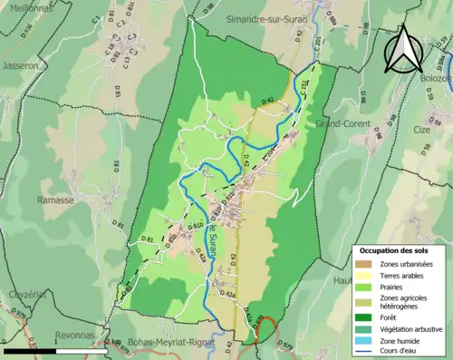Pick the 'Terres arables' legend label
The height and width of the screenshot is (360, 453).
tap(404, 276)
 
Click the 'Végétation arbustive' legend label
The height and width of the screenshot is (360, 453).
tap(410, 329)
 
